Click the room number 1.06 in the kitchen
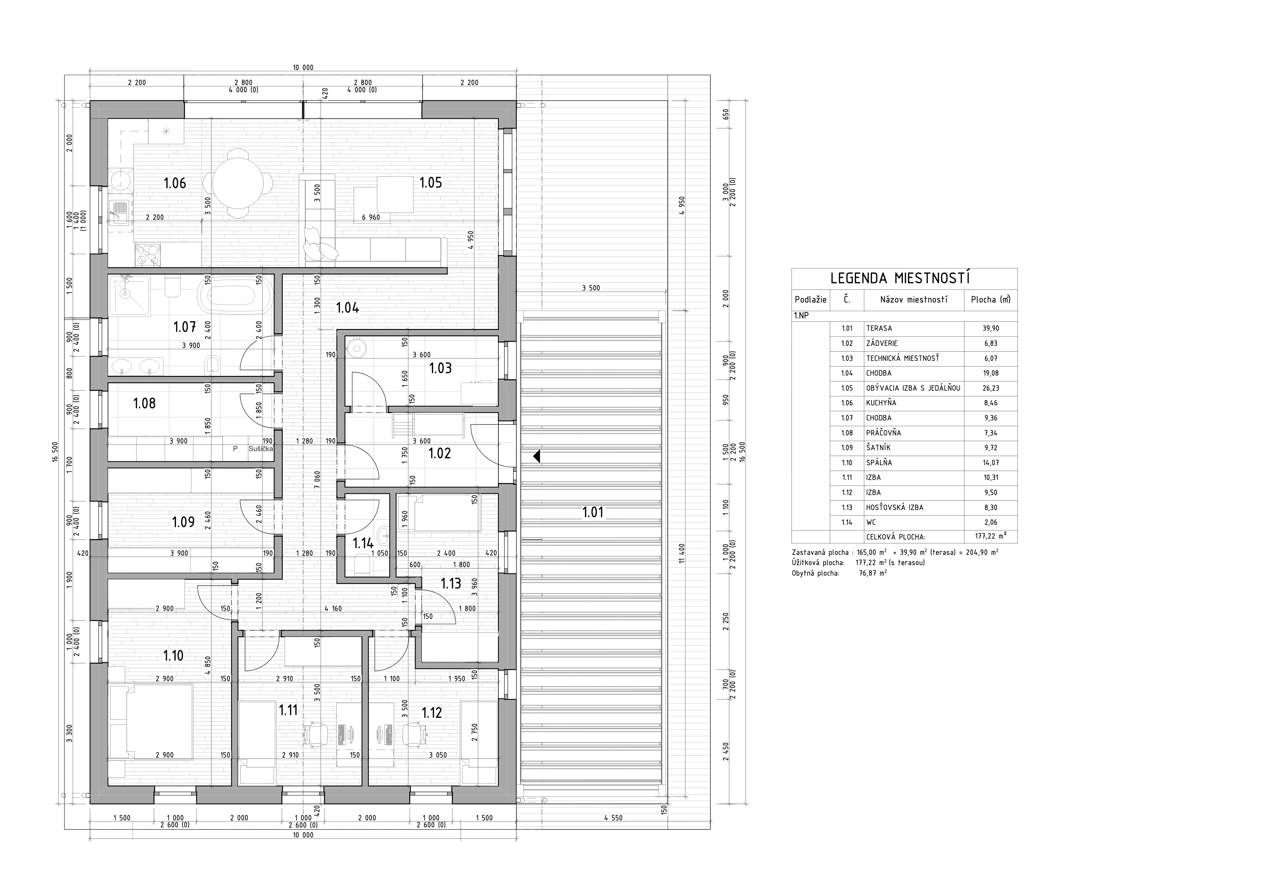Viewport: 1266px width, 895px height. pos(175,183)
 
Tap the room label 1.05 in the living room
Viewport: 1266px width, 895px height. pos(431,183)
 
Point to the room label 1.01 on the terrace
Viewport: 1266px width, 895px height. pos(593,512)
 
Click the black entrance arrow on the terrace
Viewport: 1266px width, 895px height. pos(537,457)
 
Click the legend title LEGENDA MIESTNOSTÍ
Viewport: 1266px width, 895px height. pos(904,278)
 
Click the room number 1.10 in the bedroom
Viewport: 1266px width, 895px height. pos(173,656)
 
